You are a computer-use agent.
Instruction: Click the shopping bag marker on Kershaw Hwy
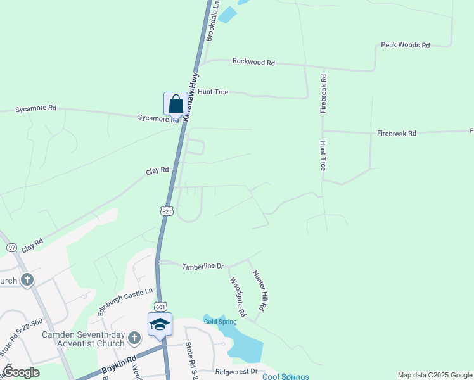[176, 104]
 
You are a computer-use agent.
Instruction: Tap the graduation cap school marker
[160, 325]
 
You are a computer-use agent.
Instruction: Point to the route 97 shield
[12, 247]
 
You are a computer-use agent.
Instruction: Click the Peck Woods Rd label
[405, 46]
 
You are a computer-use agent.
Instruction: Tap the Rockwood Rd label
[253, 62]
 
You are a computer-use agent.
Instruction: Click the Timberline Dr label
[203, 267]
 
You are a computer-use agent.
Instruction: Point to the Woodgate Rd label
[238, 297]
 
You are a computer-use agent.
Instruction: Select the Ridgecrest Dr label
[236, 372]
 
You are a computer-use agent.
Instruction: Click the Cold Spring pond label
[219, 322]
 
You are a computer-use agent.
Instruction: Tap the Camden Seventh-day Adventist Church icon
[134, 338]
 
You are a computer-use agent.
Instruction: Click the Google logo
[21, 372]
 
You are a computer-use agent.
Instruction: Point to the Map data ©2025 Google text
[434, 375]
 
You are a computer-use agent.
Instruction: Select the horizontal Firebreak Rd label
[396, 134]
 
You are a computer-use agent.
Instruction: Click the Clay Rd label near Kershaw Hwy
[157, 170]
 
